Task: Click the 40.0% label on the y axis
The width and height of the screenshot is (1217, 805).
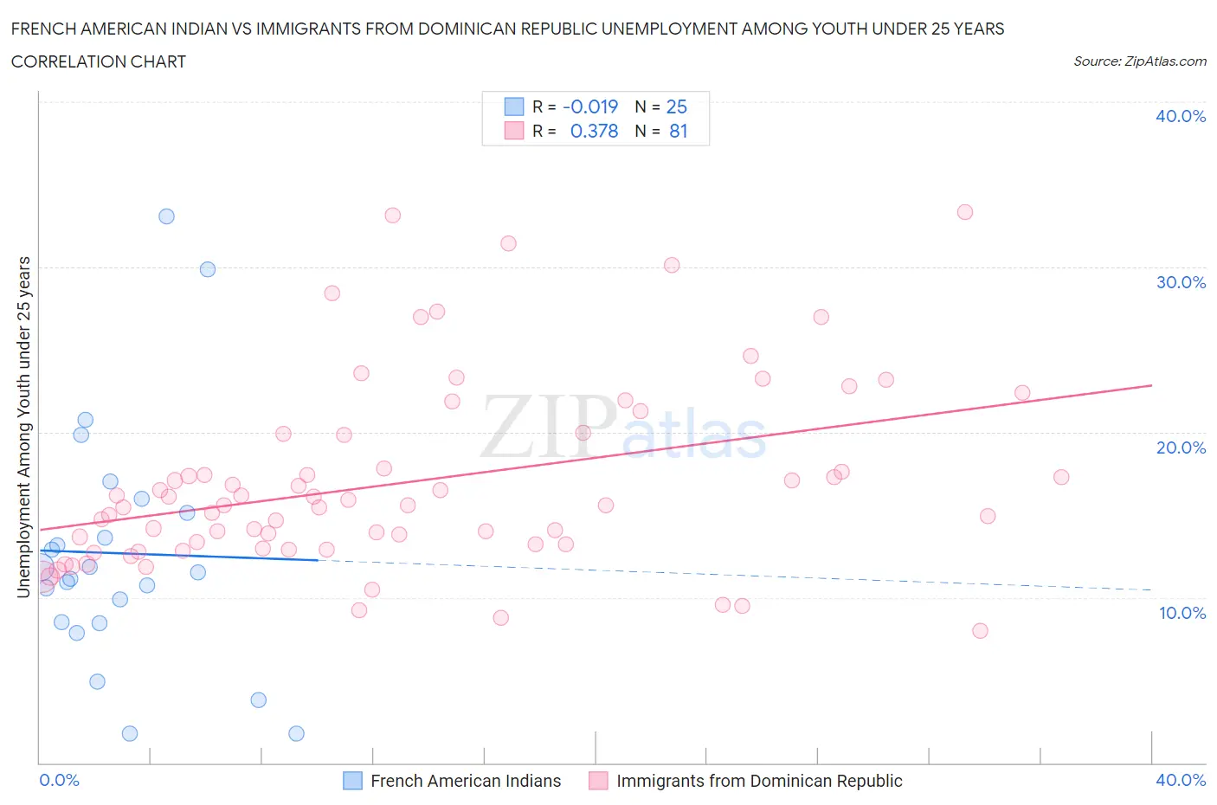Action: pos(1180,116)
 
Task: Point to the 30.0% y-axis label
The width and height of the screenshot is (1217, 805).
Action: pos(1180,282)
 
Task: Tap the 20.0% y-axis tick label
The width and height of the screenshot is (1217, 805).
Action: pos(1180,448)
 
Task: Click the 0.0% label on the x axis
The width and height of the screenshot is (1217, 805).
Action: pos(59,780)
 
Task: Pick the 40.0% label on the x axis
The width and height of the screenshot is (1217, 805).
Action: pos(1180,780)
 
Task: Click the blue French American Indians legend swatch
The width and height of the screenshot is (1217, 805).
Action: pos(352,781)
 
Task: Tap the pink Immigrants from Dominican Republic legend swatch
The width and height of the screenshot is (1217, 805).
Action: pos(598,781)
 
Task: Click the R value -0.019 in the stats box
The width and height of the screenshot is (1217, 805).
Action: pos(590,106)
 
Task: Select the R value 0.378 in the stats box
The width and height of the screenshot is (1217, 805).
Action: pos(594,131)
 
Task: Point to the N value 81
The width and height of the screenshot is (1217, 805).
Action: pos(678,131)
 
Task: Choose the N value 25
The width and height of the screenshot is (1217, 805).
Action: pos(676,106)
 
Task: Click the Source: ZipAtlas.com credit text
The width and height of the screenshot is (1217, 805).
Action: pos(1139,61)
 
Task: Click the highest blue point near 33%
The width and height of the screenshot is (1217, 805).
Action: pos(166,216)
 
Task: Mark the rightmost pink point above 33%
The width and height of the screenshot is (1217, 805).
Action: pos(965,212)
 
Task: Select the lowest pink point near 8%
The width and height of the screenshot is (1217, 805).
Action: pos(980,630)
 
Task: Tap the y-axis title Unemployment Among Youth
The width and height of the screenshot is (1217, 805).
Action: pos(23,427)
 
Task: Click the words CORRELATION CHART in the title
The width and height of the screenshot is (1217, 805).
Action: pos(98,61)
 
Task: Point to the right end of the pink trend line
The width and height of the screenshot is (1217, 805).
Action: pos(1151,384)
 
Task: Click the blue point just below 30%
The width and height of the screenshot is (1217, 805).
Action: pos(208,269)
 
